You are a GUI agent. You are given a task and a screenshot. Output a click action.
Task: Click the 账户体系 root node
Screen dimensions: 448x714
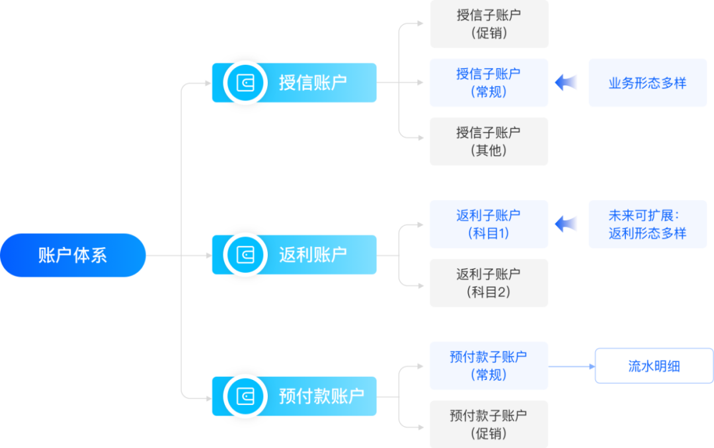click(73, 255)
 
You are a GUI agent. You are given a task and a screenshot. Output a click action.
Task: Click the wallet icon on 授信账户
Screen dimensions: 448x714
click(245, 83)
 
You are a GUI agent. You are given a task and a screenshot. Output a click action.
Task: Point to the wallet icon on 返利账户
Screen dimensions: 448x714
click(245, 255)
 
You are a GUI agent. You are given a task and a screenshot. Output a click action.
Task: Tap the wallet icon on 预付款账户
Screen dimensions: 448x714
click(245, 396)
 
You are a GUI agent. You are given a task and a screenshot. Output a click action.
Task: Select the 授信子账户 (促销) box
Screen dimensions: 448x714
click(489, 24)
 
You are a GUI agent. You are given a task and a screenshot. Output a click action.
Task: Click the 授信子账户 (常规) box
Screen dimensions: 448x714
click(489, 83)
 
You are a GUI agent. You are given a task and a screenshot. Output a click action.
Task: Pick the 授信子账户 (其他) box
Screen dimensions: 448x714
click(489, 141)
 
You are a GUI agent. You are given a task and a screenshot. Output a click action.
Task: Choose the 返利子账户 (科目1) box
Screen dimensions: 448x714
click(489, 224)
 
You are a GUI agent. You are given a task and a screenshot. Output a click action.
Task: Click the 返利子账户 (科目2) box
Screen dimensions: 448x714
click(489, 283)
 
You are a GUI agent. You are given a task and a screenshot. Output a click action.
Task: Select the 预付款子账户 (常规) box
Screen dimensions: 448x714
click(489, 365)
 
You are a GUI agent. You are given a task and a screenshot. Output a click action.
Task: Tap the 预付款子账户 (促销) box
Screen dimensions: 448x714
click(489, 424)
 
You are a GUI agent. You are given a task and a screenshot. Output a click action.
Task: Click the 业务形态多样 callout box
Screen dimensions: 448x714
click(647, 83)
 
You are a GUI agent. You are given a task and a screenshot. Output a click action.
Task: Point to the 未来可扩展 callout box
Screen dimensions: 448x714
click(647, 224)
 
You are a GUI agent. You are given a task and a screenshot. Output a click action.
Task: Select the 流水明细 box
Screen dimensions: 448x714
click(654, 365)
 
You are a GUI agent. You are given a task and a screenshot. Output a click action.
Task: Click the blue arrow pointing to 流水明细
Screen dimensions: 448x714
click(572, 365)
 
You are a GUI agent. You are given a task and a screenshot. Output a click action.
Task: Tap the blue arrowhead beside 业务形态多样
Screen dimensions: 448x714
click(567, 83)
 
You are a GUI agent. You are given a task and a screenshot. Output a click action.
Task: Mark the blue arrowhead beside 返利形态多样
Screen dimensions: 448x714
click(567, 224)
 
